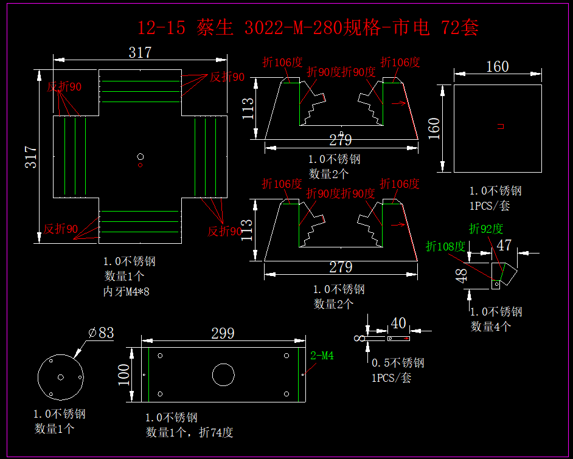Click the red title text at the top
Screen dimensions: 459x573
tap(308, 27)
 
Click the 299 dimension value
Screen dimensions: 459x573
tap(223, 333)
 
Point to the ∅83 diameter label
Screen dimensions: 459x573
tap(101, 333)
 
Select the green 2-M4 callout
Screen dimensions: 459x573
tap(322, 356)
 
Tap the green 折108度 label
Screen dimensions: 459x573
tap(446, 246)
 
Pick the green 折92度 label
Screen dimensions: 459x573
tap(487, 229)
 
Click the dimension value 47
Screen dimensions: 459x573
tap(504, 245)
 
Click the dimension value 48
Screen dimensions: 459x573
tap(462, 277)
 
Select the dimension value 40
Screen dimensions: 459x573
tap(398, 323)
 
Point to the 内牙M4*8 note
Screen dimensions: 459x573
tap(126, 292)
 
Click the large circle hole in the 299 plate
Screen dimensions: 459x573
tap(223, 374)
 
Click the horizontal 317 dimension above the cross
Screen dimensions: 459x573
tap(140, 53)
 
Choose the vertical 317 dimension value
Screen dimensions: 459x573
tap(31, 157)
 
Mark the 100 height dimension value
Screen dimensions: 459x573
tap(124, 374)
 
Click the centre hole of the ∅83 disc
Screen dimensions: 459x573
tap(60, 378)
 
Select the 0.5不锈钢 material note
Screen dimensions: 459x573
tap(398, 363)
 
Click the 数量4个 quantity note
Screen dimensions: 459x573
tap(491, 326)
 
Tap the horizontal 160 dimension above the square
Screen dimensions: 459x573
tap(497, 66)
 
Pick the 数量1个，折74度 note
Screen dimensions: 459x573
tap(189, 432)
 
